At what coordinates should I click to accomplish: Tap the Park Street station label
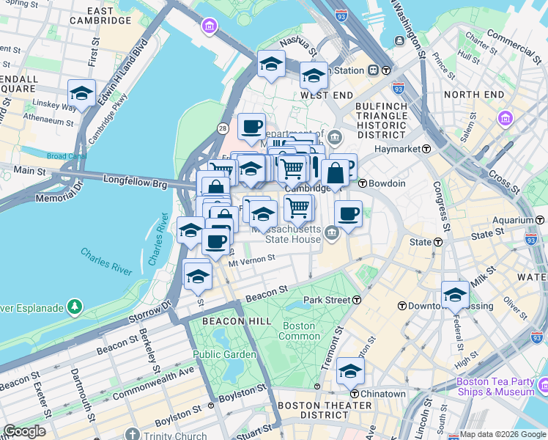[x=332, y=300]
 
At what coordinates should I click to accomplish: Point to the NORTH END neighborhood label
[x=473, y=95]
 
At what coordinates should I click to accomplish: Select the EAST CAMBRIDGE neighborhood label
[x=110, y=16]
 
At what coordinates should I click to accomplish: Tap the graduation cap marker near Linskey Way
[x=81, y=93]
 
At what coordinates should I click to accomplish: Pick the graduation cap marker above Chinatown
[x=350, y=372]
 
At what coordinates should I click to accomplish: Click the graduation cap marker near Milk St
[x=455, y=295]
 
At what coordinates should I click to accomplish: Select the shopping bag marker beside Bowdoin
[x=335, y=175]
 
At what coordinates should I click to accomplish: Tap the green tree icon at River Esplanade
[x=74, y=307]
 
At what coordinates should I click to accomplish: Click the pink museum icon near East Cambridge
[x=210, y=27]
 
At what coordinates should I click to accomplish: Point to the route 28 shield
[x=221, y=129]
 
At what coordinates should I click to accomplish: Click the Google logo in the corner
[x=24, y=431]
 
